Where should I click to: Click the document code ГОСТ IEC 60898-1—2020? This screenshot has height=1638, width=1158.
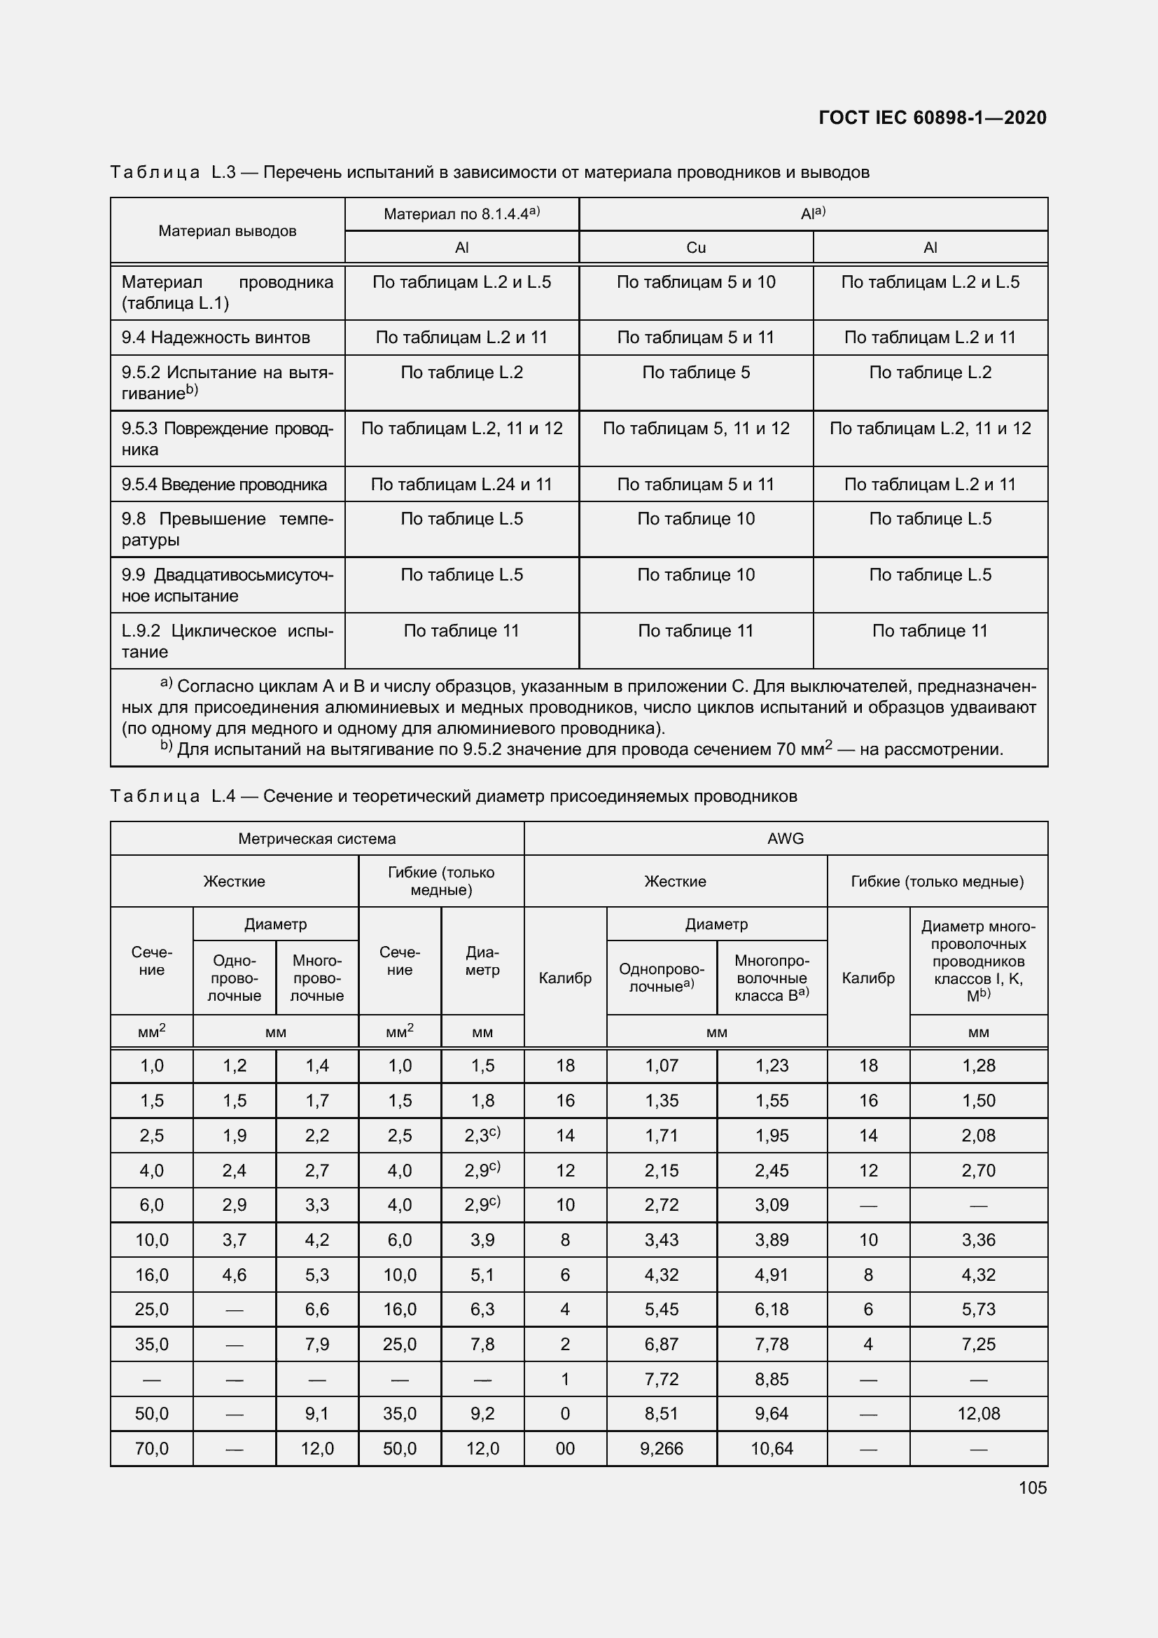coord(932,118)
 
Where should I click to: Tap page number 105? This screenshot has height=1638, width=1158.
coord(1033,1487)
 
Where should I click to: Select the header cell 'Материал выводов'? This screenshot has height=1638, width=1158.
coord(227,230)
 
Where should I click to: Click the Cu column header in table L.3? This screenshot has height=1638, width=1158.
coord(695,247)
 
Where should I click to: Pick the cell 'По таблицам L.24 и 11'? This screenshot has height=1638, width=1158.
coord(461,485)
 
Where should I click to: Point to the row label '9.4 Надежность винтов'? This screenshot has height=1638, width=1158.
coord(216,338)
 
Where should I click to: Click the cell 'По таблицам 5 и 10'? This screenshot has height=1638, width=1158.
coord(695,282)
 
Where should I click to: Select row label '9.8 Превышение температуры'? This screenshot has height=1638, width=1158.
coord(227,529)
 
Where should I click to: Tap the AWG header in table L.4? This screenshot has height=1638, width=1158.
coord(785,838)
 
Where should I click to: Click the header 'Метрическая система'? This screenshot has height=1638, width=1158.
coord(316,838)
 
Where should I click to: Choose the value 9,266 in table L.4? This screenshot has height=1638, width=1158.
coord(661,1448)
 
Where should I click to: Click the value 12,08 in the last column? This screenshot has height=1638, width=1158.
coord(978,1413)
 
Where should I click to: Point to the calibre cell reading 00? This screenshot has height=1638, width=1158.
coord(565,1448)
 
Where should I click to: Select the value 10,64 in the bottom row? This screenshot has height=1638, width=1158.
coord(772,1448)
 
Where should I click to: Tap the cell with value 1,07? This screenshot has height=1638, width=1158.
coord(661,1065)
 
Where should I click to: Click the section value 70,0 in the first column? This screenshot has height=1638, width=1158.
coord(151,1448)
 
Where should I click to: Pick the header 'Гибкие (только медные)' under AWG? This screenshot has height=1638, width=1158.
coord(937,881)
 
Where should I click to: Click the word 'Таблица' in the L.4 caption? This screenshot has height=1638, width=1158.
coord(155,796)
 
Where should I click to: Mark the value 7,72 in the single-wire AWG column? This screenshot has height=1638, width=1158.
coord(661,1378)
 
